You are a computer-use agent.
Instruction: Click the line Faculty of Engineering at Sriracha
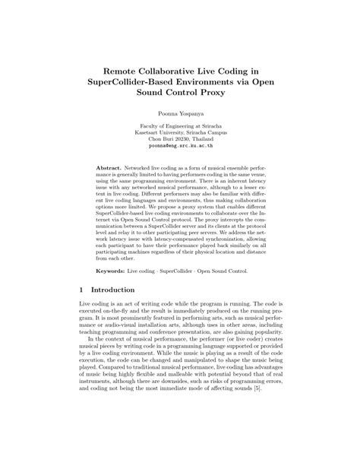[179, 126]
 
